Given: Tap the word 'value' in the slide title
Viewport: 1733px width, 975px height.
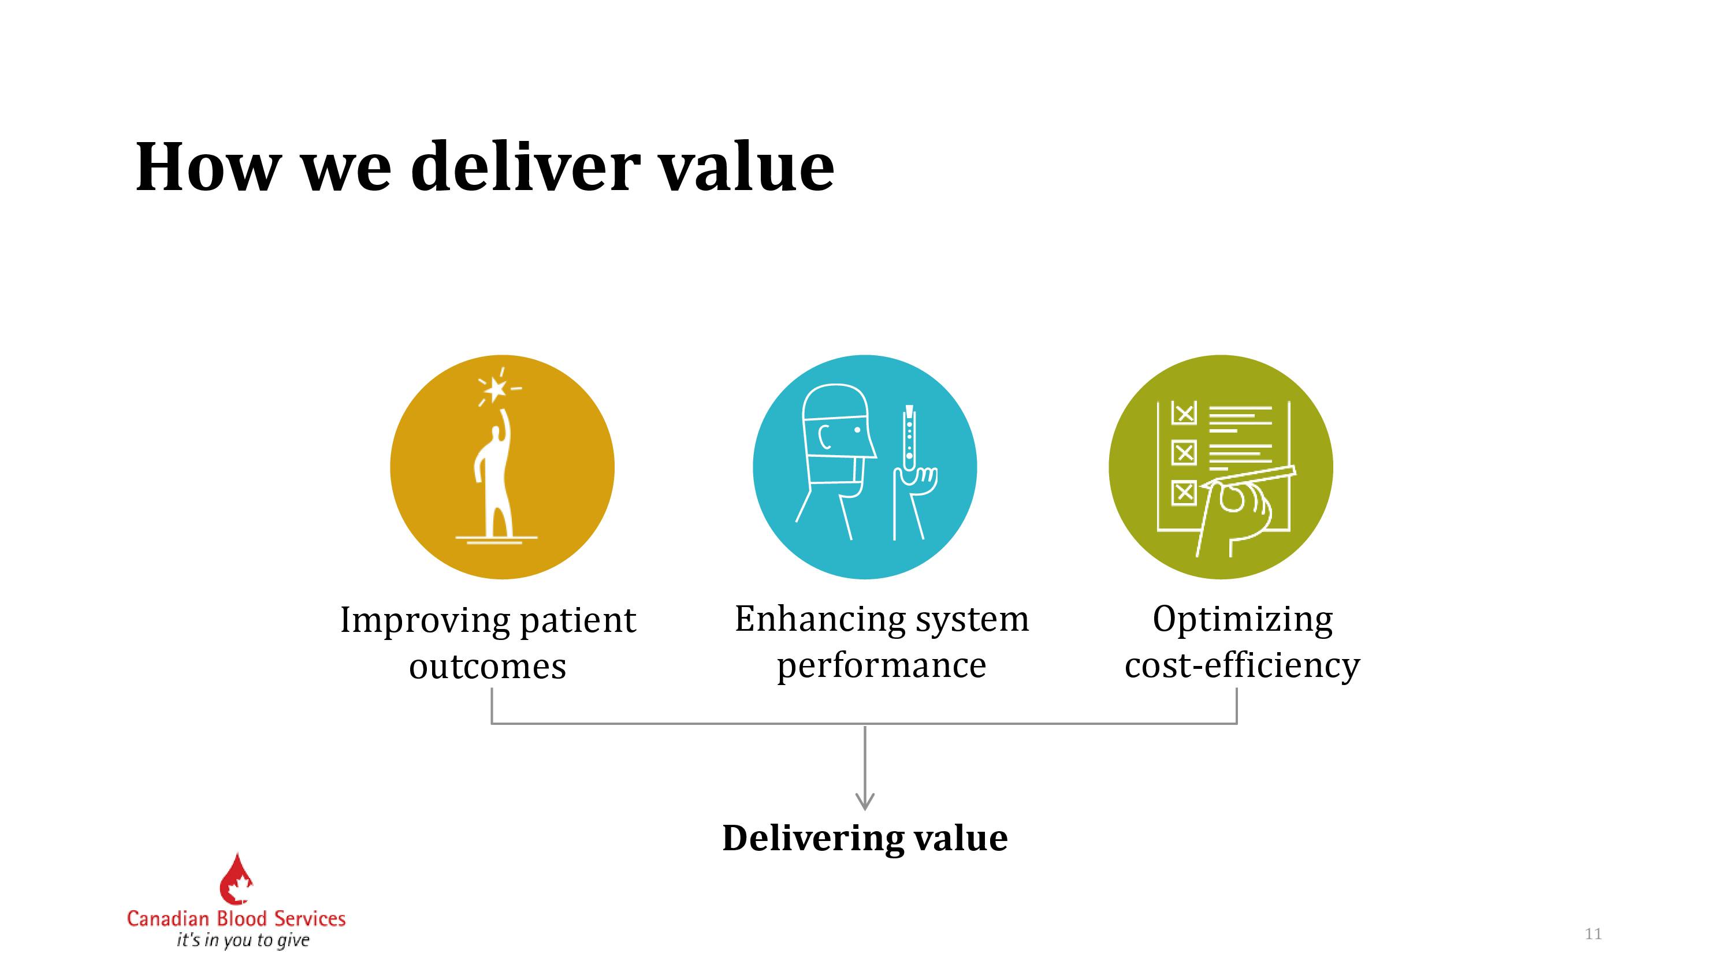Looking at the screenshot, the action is pyautogui.click(x=746, y=166).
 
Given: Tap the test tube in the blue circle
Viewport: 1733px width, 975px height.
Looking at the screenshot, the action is pyautogui.click(x=909, y=438).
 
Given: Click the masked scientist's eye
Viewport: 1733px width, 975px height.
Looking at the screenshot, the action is pyautogui.click(x=857, y=430).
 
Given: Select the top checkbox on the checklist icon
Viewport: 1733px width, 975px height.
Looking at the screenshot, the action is pyautogui.click(x=1184, y=413).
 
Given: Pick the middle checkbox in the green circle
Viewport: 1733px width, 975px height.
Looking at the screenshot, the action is pyautogui.click(x=1184, y=453).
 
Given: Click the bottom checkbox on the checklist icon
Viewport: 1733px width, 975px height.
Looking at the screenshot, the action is pyautogui.click(x=1184, y=493).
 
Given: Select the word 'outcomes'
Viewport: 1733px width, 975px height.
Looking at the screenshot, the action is pyautogui.click(x=488, y=667).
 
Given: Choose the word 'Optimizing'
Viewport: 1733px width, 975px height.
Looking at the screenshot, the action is pyautogui.click(x=1243, y=620).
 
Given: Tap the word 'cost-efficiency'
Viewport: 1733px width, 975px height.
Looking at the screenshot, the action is pyautogui.click(x=1242, y=665).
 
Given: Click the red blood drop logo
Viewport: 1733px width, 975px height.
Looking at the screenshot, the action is pyautogui.click(x=236, y=879).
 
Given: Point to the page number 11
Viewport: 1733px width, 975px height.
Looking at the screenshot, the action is pyautogui.click(x=1593, y=934).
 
